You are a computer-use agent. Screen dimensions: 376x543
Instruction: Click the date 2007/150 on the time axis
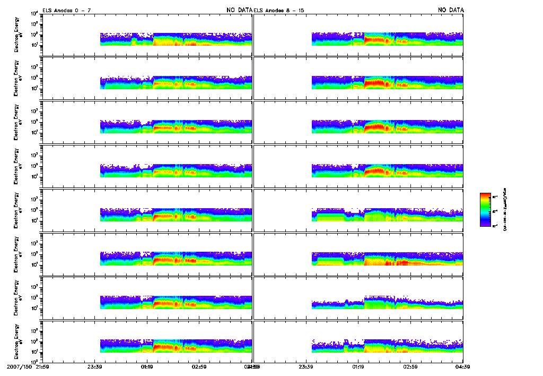click(x=19, y=366)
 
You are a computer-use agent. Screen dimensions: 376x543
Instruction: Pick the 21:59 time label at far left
click(x=42, y=366)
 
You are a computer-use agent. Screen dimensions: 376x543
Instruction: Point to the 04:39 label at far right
click(x=462, y=366)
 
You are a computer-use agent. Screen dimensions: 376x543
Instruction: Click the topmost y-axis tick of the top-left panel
click(x=34, y=13)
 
